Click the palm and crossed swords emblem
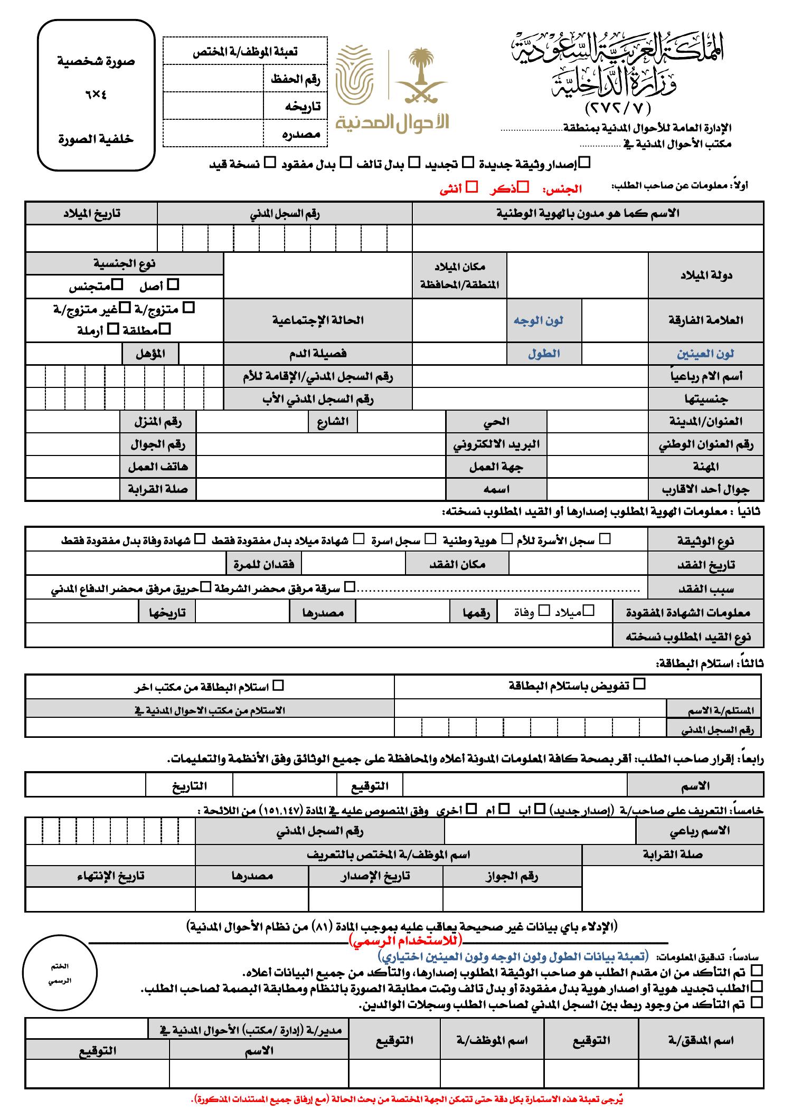(x=421, y=77)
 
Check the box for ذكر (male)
(x=523, y=186)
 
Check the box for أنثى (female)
(x=473, y=186)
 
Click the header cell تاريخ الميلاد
(x=91, y=213)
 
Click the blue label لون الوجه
(x=539, y=320)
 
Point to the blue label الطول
(x=544, y=353)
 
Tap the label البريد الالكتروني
(x=496, y=444)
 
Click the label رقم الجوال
(x=158, y=444)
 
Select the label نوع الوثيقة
(x=705, y=541)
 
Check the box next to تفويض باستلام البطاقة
(x=639, y=684)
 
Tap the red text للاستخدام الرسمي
(x=405, y=939)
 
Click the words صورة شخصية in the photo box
(x=96, y=61)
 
